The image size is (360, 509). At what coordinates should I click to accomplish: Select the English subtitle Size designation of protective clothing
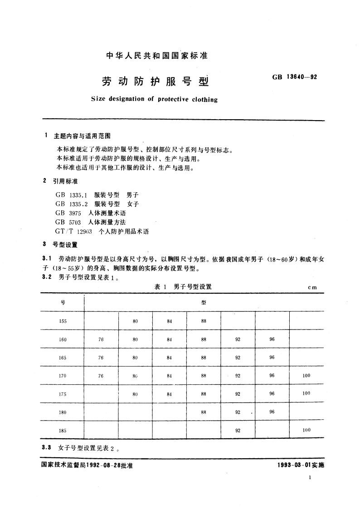click(154, 99)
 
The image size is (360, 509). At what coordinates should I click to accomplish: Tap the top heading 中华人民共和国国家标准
click(156, 56)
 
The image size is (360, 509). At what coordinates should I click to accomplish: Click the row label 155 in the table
click(63, 321)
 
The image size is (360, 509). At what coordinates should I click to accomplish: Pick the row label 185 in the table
click(63, 431)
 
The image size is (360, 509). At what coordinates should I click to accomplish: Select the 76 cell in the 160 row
click(101, 339)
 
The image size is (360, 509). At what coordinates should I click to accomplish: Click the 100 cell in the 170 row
click(306, 375)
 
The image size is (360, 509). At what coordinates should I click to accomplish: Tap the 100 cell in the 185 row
click(306, 430)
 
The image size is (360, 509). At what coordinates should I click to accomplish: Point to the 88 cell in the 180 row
click(204, 412)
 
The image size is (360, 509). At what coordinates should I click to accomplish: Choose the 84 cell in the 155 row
click(169, 321)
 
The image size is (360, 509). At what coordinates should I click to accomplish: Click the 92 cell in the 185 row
click(238, 431)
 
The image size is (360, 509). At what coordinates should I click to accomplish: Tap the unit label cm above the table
click(312, 287)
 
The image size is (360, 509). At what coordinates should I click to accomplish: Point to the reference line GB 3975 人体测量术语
click(91, 213)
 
